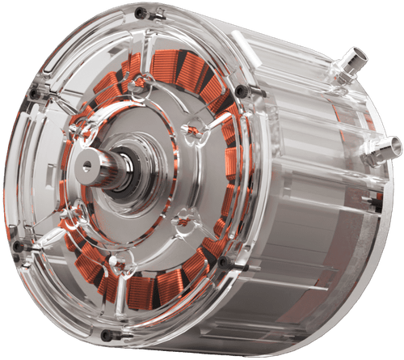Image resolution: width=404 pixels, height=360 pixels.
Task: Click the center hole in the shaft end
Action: [87, 166]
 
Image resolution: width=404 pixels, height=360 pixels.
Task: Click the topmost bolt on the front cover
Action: [141, 14]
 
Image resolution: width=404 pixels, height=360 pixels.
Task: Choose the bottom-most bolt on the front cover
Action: [106, 335]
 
